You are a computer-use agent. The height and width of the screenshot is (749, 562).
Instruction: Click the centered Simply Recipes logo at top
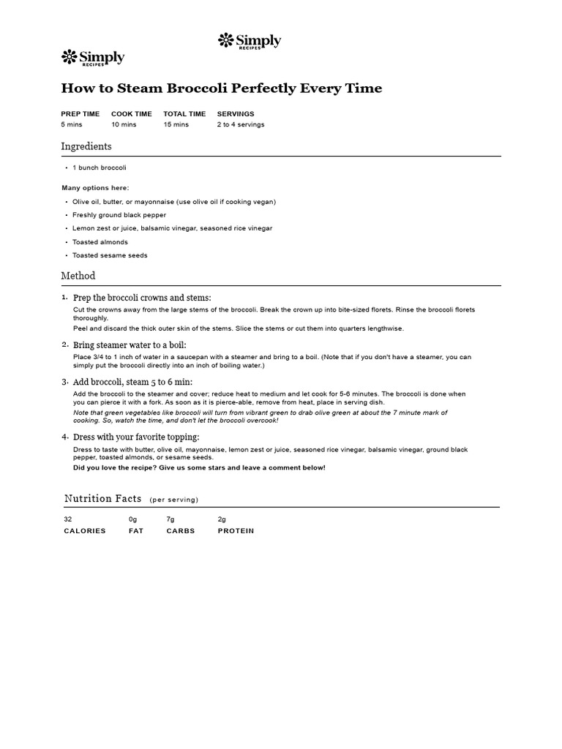coord(250,42)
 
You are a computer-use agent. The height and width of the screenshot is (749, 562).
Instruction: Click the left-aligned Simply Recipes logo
coord(93,58)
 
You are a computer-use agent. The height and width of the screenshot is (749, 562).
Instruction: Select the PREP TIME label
coord(80,114)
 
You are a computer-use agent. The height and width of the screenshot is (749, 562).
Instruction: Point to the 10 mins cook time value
coord(124,124)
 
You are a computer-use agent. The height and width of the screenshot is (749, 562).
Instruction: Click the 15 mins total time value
coord(176,124)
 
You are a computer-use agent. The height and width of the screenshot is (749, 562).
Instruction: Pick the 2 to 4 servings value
coord(241,124)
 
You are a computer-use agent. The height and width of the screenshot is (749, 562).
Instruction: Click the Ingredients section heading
coord(86,146)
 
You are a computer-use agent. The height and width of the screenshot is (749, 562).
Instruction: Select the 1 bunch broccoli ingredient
coord(100,168)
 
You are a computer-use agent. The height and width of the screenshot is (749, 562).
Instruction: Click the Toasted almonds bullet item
coord(100,242)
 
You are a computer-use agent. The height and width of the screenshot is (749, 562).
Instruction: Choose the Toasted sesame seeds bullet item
coord(110,255)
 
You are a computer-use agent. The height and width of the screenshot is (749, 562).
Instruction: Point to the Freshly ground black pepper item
coord(119,215)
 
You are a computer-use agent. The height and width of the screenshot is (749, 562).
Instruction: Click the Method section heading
coord(78,276)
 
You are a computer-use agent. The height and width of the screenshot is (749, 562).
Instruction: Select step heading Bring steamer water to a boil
coord(130,345)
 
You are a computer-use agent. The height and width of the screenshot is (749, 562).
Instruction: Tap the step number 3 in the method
coord(64,382)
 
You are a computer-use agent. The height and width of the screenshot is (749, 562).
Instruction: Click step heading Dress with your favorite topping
coord(136,437)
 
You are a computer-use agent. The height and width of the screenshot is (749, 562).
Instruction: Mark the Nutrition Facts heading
coord(103,499)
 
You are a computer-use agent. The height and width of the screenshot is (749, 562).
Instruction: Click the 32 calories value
coord(68,519)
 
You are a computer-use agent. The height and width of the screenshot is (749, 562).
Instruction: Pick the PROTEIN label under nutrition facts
coord(236,531)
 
